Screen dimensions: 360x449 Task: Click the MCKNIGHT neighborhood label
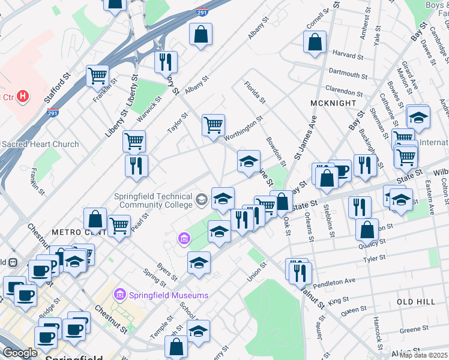[330, 103]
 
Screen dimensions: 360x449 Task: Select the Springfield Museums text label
[162, 295]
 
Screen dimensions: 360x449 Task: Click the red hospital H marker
[23, 96]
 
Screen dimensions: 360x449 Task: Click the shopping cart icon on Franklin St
[97, 76]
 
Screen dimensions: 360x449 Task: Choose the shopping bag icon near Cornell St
[315, 42]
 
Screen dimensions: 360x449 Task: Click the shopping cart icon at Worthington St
[213, 125]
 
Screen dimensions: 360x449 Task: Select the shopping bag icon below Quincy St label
[367, 230]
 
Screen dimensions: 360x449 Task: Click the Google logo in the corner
[20, 353]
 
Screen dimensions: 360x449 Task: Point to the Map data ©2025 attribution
[423, 355]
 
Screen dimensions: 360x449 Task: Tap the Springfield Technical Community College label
[155, 201]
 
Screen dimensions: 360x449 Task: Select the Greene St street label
[410, 329]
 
